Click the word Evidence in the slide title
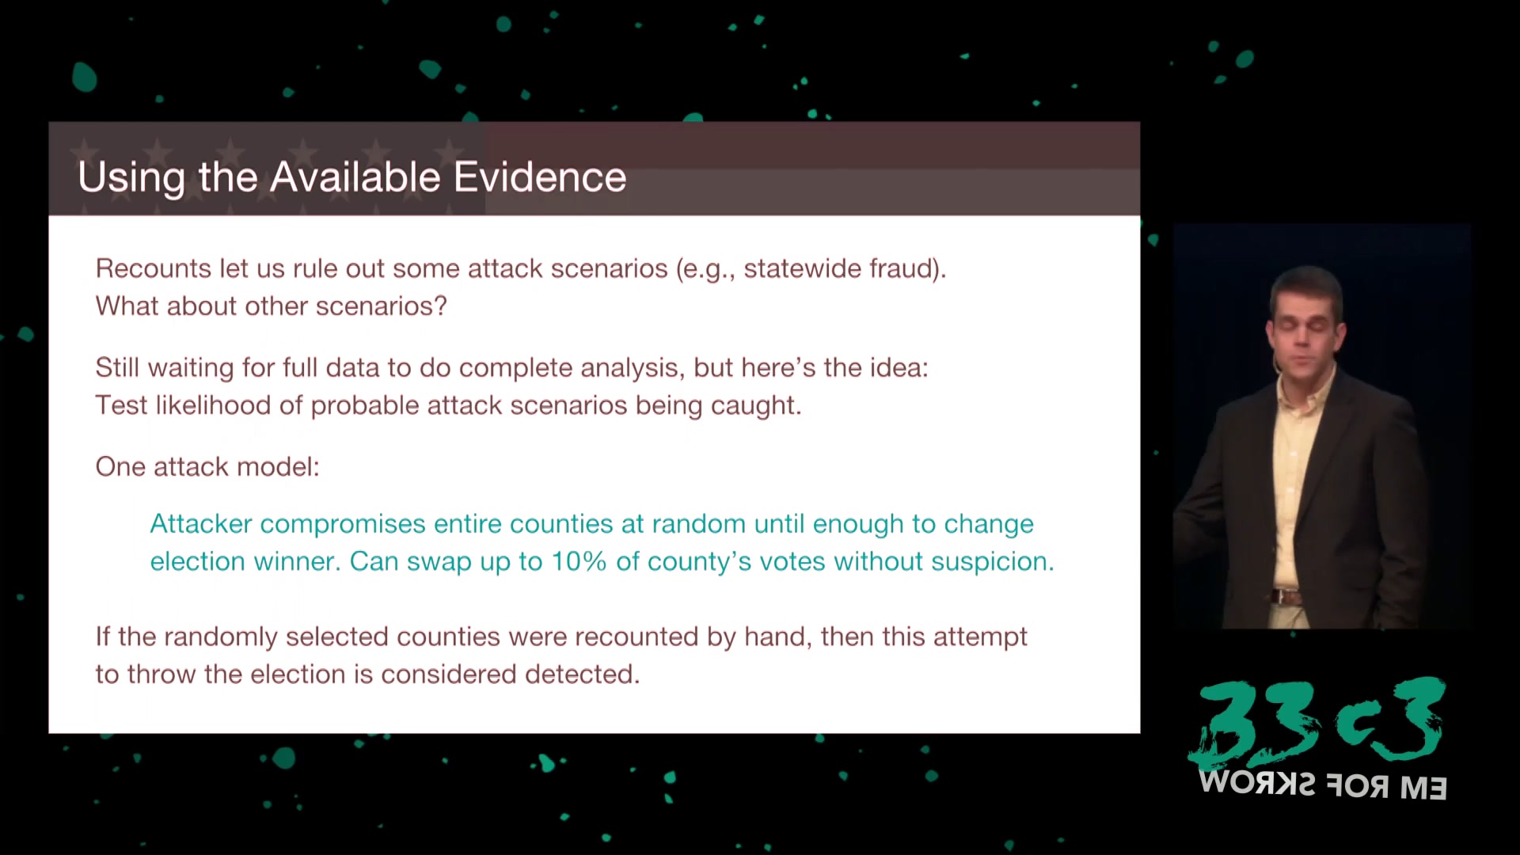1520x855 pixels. (x=540, y=177)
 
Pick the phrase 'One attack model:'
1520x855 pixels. (x=207, y=467)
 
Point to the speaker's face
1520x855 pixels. (x=1305, y=329)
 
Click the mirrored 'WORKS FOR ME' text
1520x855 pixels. (x=1323, y=785)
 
